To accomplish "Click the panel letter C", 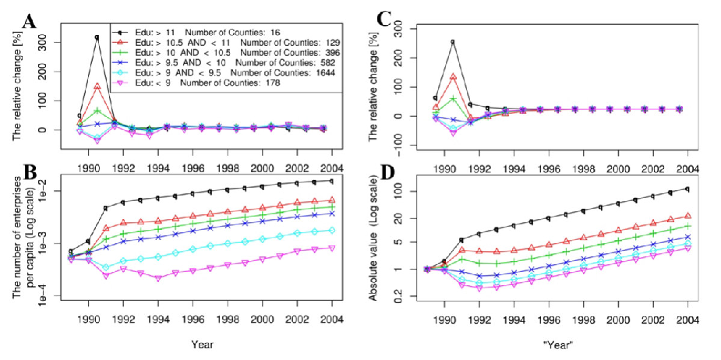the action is tap(385, 21).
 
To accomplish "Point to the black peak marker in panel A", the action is tap(97, 37).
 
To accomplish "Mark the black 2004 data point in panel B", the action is tap(332, 181).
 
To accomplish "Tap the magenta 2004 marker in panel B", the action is tap(332, 248).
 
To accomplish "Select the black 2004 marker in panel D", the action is tap(687, 189).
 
